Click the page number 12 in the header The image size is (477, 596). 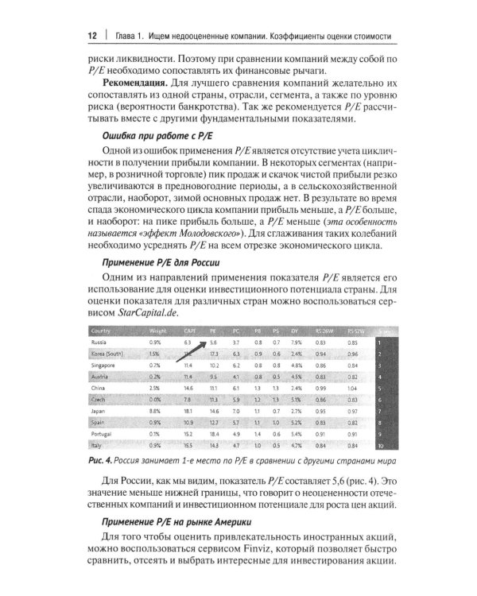[91, 37]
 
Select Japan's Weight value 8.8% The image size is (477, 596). [155, 411]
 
